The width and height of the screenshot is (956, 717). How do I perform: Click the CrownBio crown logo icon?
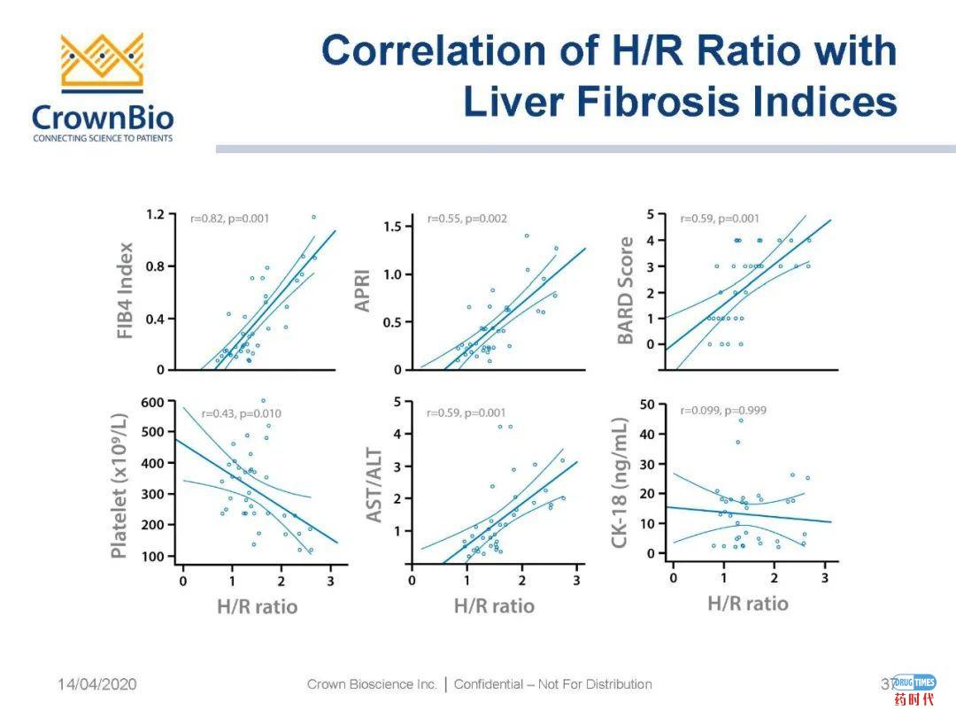click(102, 62)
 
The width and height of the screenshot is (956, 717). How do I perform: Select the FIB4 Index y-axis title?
click(125, 293)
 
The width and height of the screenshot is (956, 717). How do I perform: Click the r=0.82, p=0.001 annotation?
click(230, 218)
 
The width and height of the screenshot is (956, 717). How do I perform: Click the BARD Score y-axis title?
click(626, 290)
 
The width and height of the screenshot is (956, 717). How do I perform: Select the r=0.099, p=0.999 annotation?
click(723, 410)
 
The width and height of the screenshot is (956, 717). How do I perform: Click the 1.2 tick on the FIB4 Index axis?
click(155, 214)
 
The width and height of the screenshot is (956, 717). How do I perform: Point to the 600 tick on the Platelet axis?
click(153, 401)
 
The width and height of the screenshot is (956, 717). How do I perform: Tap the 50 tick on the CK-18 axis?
click(647, 405)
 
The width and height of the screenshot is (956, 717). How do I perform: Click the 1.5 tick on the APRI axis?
click(390, 227)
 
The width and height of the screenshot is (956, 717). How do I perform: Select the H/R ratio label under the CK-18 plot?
click(748, 604)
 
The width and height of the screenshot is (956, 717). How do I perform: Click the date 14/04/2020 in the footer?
click(97, 684)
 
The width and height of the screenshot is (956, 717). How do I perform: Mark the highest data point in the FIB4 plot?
click(313, 216)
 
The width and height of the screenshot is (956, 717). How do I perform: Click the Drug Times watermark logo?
click(914, 689)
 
